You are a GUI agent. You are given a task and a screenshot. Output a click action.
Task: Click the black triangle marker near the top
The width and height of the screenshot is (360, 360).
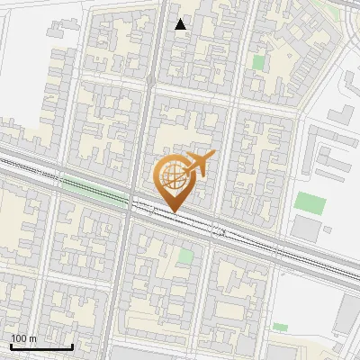pos(181,24)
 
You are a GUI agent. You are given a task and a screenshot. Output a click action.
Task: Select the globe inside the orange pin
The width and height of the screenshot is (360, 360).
pos(174,177)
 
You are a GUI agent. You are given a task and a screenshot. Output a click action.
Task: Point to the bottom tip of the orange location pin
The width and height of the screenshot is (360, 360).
pos(174,212)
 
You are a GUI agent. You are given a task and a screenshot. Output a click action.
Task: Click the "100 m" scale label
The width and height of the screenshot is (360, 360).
pos(24,338)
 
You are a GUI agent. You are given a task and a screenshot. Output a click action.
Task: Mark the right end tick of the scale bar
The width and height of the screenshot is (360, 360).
pos(72,346)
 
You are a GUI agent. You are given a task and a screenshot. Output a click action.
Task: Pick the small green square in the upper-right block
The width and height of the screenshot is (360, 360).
pos(259,62)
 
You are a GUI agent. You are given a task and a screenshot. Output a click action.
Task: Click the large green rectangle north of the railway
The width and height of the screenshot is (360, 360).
pos(310,202)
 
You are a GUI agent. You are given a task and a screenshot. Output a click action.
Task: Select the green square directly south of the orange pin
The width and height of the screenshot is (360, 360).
pos(185,256)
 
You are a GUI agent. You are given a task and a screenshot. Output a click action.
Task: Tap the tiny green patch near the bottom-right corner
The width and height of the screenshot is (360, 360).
pos(281,327)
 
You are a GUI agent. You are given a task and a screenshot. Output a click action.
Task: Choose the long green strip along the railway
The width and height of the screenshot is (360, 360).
pos(90,190)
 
